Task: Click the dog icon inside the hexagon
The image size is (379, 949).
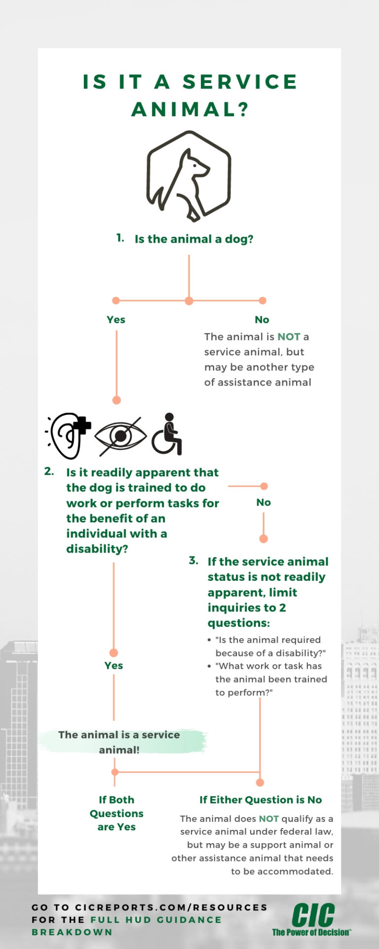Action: pyautogui.click(x=189, y=176)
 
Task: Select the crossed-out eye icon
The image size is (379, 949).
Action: pyautogui.click(x=120, y=436)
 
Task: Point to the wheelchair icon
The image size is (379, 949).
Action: pyautogui.click(x=167, y=434)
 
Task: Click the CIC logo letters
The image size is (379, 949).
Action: pyautogui.click(x=313, y=915)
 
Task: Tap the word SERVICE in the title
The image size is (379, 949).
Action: pyautogui.click(x=240, y=82)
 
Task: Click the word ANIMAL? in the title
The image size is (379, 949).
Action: pyautogui.click(x=190, y=109)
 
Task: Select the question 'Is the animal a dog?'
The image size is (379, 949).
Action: pyautogui.click(x=194, y=239)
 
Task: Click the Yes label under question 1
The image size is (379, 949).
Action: pyautogui.click(x=116, y=320)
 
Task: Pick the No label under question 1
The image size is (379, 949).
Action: pyautogui.click(x=262, y=320)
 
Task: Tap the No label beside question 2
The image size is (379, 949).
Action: pyautogui.click(x=264, y=503)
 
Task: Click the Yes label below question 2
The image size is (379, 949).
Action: pyautogui.click(x=114, y=666)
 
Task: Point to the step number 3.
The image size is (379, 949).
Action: pyautogui.click(x=193, y=561)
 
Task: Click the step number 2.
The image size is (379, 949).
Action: pyautogui.click(x=49, y=471)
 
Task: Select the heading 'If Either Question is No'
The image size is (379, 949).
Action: pyautogui.click(x=261, y=800)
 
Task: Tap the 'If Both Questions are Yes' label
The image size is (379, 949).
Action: pyautogui.click(x=116, y=813)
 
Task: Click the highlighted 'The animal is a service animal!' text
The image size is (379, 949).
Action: pyautogui.click(x=119, y=742)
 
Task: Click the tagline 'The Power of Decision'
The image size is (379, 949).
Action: pyautogui.click(x=311, y=933)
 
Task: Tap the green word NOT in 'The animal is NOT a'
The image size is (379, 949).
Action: pyautogui.click(x=289, y=337)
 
